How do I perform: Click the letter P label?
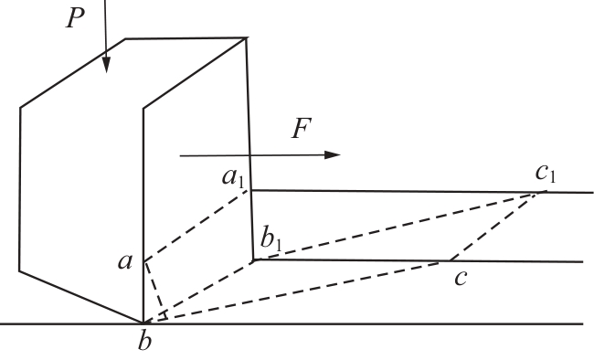(75, 17)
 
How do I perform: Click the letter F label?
(302, 128)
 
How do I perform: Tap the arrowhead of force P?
(106, 65)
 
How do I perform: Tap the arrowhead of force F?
(333, 154)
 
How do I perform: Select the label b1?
(271, 240)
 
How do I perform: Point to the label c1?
(546, 174)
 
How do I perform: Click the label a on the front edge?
(125, 261)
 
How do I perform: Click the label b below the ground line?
(144, 340)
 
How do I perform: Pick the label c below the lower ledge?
(461, 278)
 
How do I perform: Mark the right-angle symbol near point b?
(164, 316)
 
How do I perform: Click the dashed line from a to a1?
(196, 225)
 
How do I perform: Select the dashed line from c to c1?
(494, 227)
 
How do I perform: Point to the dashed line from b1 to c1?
(397, 227)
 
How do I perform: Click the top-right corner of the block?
(247, 37)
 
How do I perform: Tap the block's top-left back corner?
(125, 38)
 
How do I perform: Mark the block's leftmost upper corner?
(20, 108)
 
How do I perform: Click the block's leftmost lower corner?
(20, 271)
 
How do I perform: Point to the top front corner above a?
(143, 109)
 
